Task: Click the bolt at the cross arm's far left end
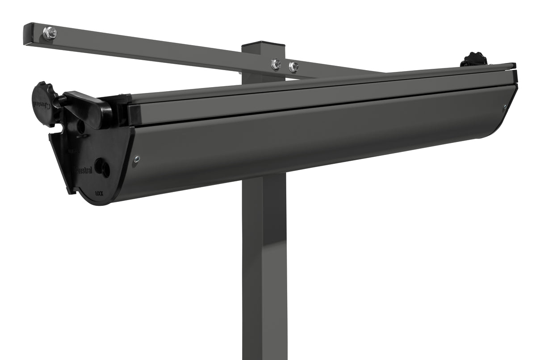click(50, 33)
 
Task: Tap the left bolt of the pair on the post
click(276, 64)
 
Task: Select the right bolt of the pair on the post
click(293, 67)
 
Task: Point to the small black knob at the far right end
click(473, 59)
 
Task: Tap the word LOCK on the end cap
click(100, 194)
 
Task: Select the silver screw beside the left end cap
click(136, 158)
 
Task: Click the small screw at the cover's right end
click(505, 107)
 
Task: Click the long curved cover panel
click(313, 143)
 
